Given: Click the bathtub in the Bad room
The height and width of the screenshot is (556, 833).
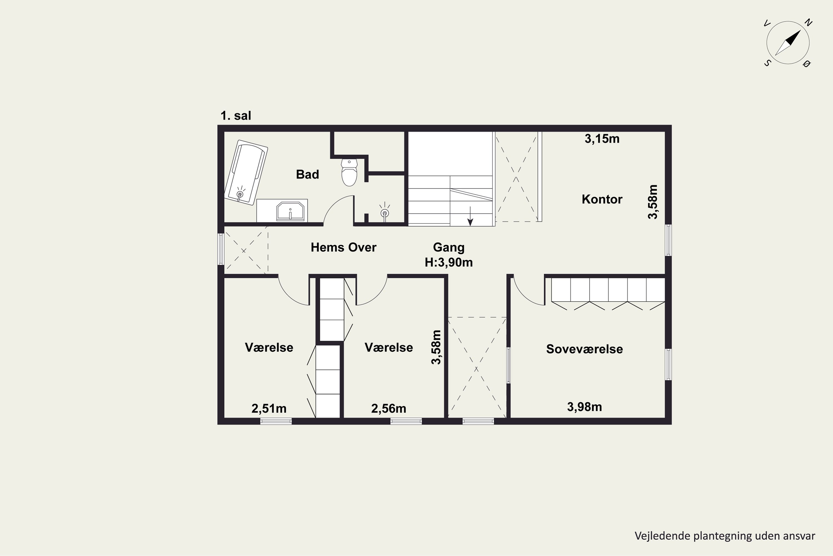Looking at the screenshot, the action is pyautogui.click(x=246, y=173).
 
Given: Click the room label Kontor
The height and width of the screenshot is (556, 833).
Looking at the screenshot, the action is pyautogui.click(x=602, y=199).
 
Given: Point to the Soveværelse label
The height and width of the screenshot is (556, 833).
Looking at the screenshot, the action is pyautogui.click(x=584, y=349).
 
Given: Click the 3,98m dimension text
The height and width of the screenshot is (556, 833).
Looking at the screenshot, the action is pyautogui.click(x=584, y=407).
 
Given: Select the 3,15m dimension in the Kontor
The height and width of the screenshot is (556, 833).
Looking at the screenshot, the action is pyautogui.click(x=602, y=139).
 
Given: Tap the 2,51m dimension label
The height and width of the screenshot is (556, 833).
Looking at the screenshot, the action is pyautogui.click(x=269, y=408).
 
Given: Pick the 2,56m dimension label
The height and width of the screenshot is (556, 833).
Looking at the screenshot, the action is pyautogui.click(x=388, y=408).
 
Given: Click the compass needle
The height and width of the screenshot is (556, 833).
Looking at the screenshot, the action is pyautogui.click(x=788, y=43).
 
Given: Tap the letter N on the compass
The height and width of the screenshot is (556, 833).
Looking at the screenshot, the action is pyautogui.click(x=808, y=23).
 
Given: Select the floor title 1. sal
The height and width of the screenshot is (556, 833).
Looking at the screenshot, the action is pyautogui.click(x=236, y=116).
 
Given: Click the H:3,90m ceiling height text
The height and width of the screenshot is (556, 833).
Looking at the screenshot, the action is pyautogui.click(x=449, y=262).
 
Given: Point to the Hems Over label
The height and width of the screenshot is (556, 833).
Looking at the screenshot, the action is pyautogui.click(x=343, y=247).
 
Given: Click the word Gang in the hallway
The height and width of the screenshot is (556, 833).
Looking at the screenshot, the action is pyautogui.click(x=449, y=247).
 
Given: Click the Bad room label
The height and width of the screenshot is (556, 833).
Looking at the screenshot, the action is pyautogui.click(x=307, y=175).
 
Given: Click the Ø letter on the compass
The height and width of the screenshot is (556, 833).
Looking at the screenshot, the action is pyautogui.click(x=807, y=63).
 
